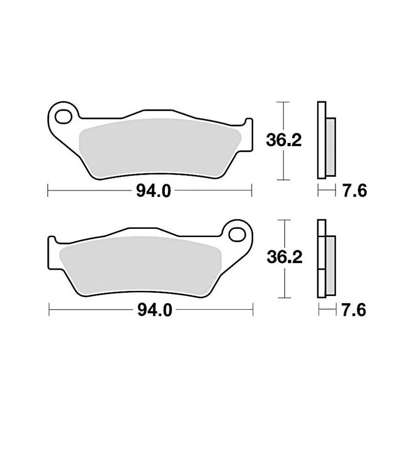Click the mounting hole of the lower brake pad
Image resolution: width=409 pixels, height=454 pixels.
pos(237,235)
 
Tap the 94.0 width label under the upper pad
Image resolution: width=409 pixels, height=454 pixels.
pos(154,191)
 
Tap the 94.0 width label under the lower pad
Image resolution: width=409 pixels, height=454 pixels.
pos(155,310)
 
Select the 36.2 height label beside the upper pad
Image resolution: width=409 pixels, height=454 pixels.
pos(284,140)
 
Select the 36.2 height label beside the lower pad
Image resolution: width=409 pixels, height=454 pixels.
pos(284,257)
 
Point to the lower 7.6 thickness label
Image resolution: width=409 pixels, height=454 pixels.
pos(354,310)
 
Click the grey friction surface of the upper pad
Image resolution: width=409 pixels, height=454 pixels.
pos(160,148)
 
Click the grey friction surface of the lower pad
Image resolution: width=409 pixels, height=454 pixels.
pos(140,266)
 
